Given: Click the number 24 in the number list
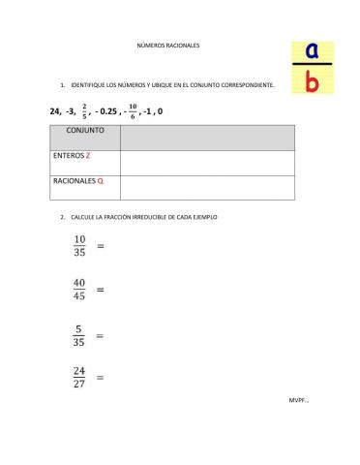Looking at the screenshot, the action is click(x=54, y=110).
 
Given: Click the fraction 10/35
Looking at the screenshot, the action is click(x=80, y=246).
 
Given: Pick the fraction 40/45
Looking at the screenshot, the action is click(x=80, y=290).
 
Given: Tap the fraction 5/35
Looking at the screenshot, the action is click(x=80, y=334).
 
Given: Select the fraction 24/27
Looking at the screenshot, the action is click(x=80, y=377).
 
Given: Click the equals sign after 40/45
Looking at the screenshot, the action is click(x=101, y=290).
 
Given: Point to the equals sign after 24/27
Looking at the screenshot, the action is click(x=101, y=378).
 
